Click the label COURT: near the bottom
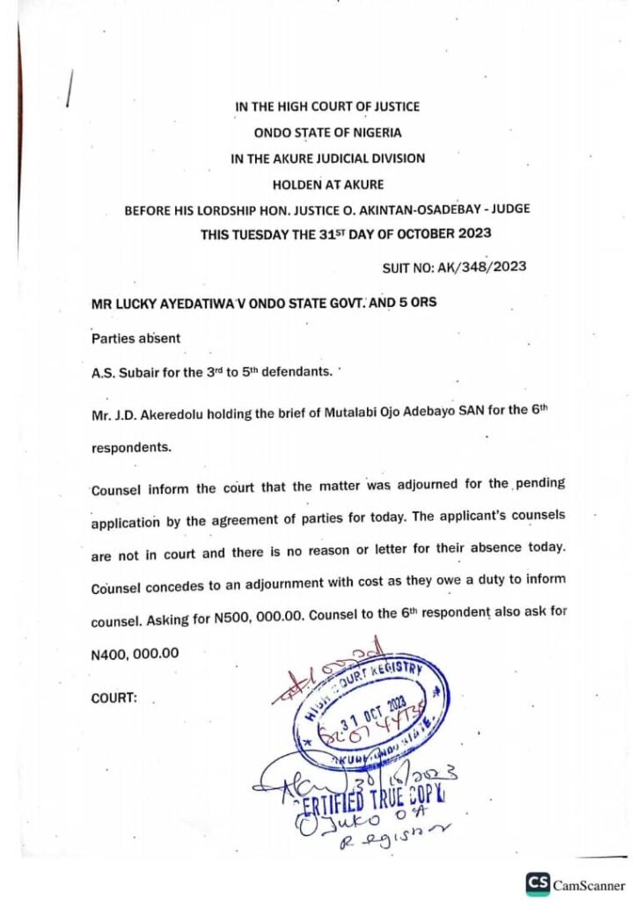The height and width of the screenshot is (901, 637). coord(114,699)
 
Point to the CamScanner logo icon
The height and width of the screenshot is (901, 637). coord(538,883)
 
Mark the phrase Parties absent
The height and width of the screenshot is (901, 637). coord(130,338)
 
